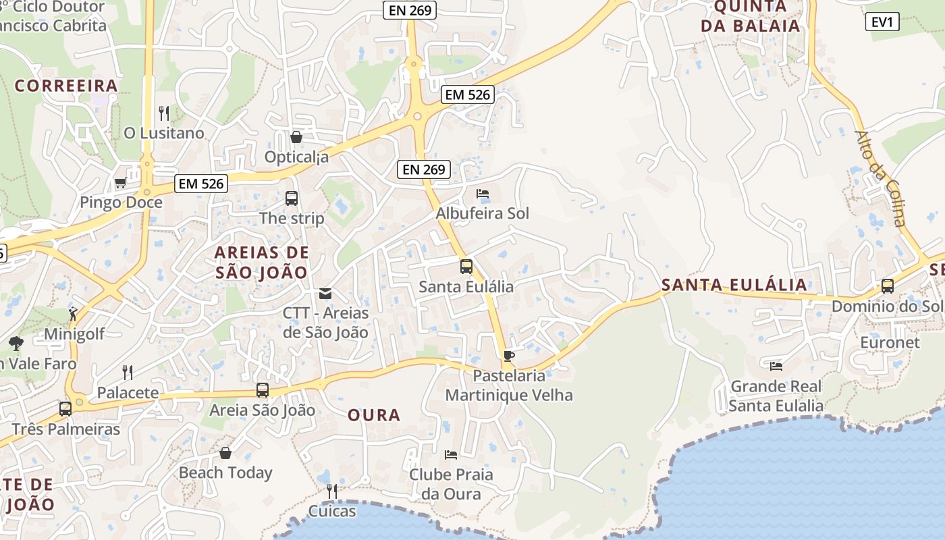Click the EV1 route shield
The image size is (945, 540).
(x=882, y=22)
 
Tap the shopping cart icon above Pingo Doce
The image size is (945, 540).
(x=120, y=182)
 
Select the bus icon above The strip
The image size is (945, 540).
(x=292, y=198)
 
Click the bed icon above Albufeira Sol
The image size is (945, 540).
(x=483, y=194)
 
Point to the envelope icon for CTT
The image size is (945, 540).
(x=325, y=294)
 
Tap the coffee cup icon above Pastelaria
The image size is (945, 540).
(x=509, y=356)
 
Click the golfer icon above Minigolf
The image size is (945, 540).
(x=73, y=314)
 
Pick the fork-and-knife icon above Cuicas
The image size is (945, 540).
(x=331, y=491)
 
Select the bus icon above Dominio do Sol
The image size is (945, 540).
(x=888, y=286)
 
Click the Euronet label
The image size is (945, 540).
(x=890, y=342)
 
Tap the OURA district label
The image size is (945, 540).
(x=374, y=415)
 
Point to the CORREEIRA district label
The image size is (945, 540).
(x=66, y=86)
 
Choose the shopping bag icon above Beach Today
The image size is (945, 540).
(x=225, y=452)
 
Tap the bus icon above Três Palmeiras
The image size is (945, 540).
(x=65, y=408)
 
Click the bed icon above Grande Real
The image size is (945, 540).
(x=776, y=367)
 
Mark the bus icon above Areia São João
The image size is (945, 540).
(x=263, y=390)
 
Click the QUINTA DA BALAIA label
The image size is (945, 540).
(x=750, y=16)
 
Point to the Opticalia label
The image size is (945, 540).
(x=296, y=157)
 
